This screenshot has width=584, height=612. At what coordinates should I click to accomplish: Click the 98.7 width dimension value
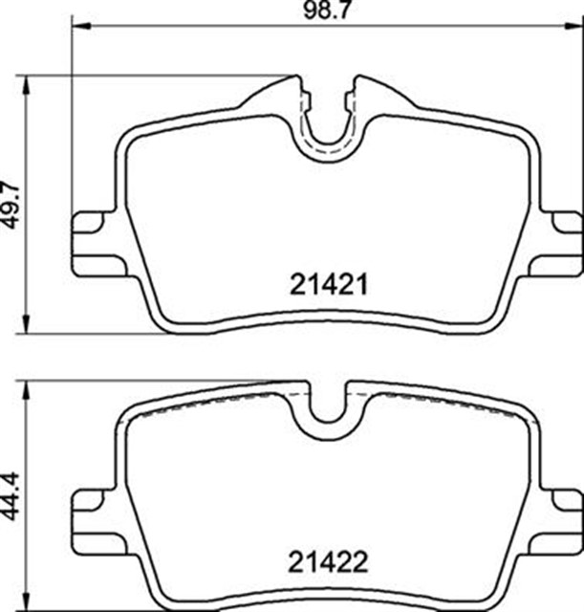coord(327,11)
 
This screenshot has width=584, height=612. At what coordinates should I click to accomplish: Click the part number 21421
coord(329,285)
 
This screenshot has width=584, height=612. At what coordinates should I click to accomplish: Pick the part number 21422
coord(328,562)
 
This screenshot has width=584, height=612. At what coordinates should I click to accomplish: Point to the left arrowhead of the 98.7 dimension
coord(81,26)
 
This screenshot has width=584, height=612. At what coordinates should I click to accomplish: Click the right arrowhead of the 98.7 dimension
coord(573,26)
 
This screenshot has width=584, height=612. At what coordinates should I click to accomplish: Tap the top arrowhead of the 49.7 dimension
coord(26,84)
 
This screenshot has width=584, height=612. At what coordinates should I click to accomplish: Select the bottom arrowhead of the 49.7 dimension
coord(26,324)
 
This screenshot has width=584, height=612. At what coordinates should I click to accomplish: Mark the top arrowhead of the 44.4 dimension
coord(26,390)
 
